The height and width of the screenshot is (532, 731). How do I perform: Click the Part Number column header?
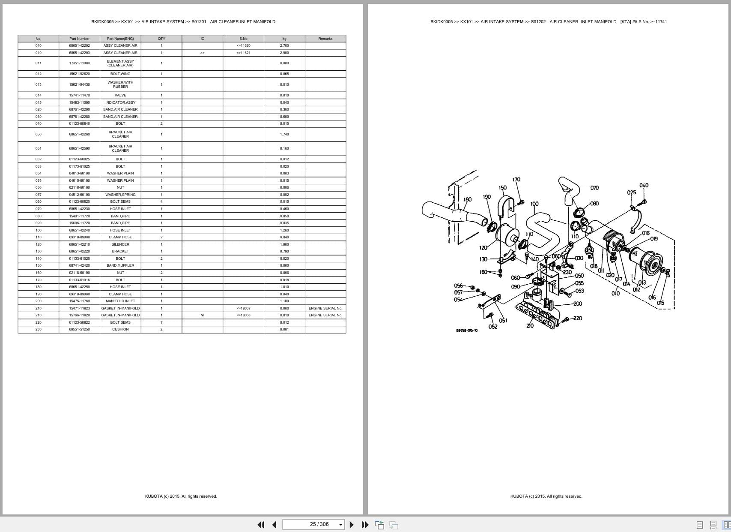(79, 39)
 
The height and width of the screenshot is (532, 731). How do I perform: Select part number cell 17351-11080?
(79, 63)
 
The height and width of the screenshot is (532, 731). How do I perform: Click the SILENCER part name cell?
(120, 244)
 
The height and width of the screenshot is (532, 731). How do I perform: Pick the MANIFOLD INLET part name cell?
(120, 301)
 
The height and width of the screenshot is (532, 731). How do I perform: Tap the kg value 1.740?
(284, 134)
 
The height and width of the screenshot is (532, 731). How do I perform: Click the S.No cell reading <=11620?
(243, 45)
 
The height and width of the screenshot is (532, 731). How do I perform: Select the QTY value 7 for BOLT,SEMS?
(161, 322)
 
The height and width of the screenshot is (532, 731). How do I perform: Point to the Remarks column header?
(325, 39)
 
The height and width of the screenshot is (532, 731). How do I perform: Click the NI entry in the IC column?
(202, 315)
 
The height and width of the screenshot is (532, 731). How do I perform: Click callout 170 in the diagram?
(516, 180)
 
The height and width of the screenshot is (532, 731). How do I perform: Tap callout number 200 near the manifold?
(578, 304)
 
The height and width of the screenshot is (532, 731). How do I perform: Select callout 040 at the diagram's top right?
(644, 185)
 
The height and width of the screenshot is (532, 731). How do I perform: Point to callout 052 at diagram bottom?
(493, 327)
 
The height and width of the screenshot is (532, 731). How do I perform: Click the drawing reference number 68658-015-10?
(467, 331)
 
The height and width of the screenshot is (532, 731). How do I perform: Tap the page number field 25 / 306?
(313, 524)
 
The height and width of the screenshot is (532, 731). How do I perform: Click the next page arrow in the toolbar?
(352, 524)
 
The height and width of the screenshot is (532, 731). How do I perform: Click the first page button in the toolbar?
(260, 524)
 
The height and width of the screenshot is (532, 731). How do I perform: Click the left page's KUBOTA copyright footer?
(181, 496)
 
